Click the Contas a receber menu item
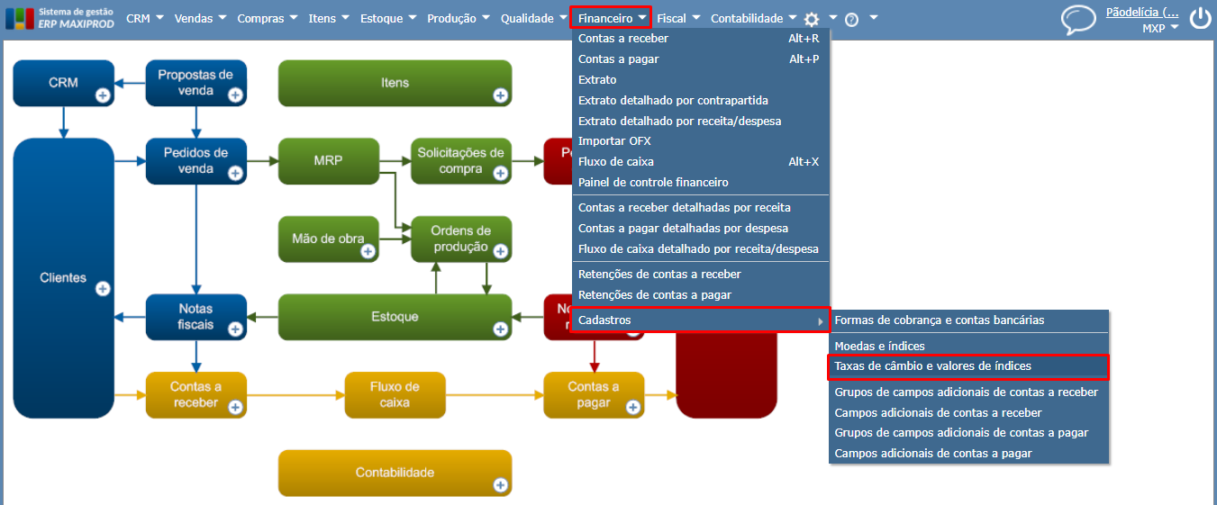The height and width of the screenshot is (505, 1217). [x=623, y=39]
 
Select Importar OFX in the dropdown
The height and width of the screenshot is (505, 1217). [x=614, y=141]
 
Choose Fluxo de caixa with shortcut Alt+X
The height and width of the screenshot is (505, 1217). [x=616, y=162]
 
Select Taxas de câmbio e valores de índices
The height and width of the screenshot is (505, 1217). [x=932, y=366]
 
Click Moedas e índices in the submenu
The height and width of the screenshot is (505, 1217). [x=879, y=346]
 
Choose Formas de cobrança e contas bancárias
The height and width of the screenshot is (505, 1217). [x=940, y=320]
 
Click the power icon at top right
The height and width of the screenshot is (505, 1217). [x=1200, y=19]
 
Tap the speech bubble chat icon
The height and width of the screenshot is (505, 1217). [x=1077, y=19]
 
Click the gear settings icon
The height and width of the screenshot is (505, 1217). [x=812, y=19]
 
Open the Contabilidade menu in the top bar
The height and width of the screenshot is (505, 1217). [x=747, y=18]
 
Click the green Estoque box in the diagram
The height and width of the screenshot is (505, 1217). [x=395, y=317]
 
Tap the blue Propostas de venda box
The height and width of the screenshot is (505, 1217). [x=195, y=83]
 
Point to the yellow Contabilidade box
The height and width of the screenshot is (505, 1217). [x=395, y=473]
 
